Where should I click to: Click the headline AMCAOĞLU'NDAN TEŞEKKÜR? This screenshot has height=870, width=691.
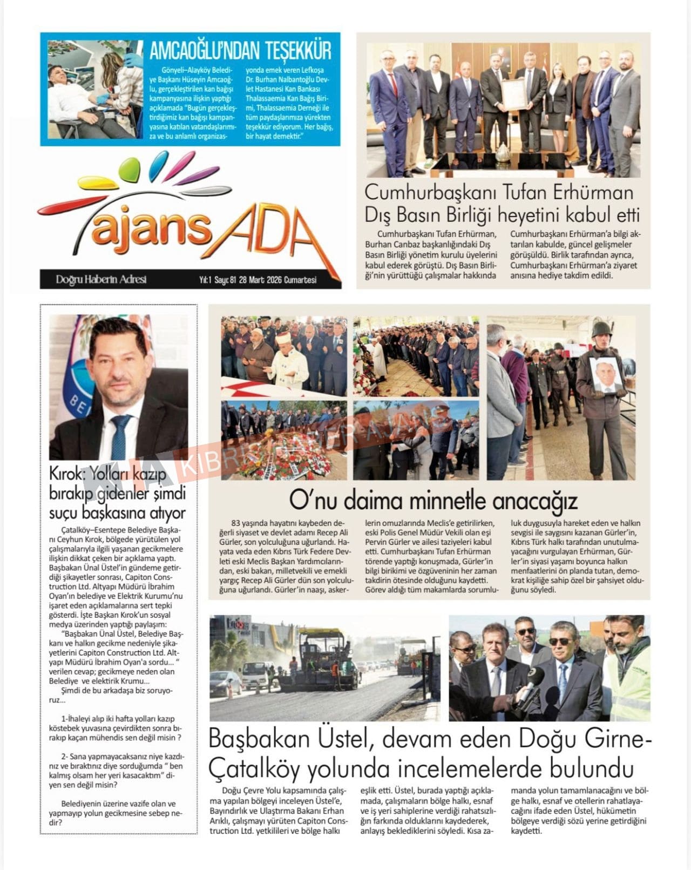pos(240,51)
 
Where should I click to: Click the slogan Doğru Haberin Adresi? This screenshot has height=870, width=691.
pos(101,280)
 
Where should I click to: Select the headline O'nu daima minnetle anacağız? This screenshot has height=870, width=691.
pos(433,501)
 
